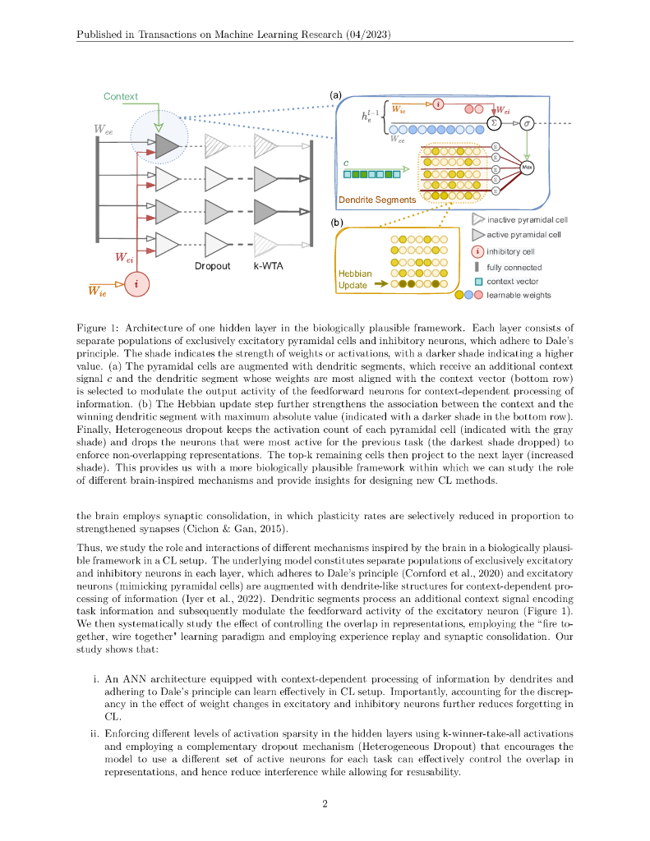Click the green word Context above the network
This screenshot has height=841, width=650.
(x=120, y=97)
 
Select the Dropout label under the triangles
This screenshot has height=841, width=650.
(x=212, y=266)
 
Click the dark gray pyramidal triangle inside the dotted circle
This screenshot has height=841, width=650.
(x=166, y=147)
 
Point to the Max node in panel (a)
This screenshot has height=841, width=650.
(x=528, y=168)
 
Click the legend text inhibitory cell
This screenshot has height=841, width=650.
(x=510, y=251)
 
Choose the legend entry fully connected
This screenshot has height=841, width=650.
(x=514, y=267)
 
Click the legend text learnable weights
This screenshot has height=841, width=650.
(x=519, y=295)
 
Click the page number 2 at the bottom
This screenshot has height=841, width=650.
(x=325, y=804)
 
